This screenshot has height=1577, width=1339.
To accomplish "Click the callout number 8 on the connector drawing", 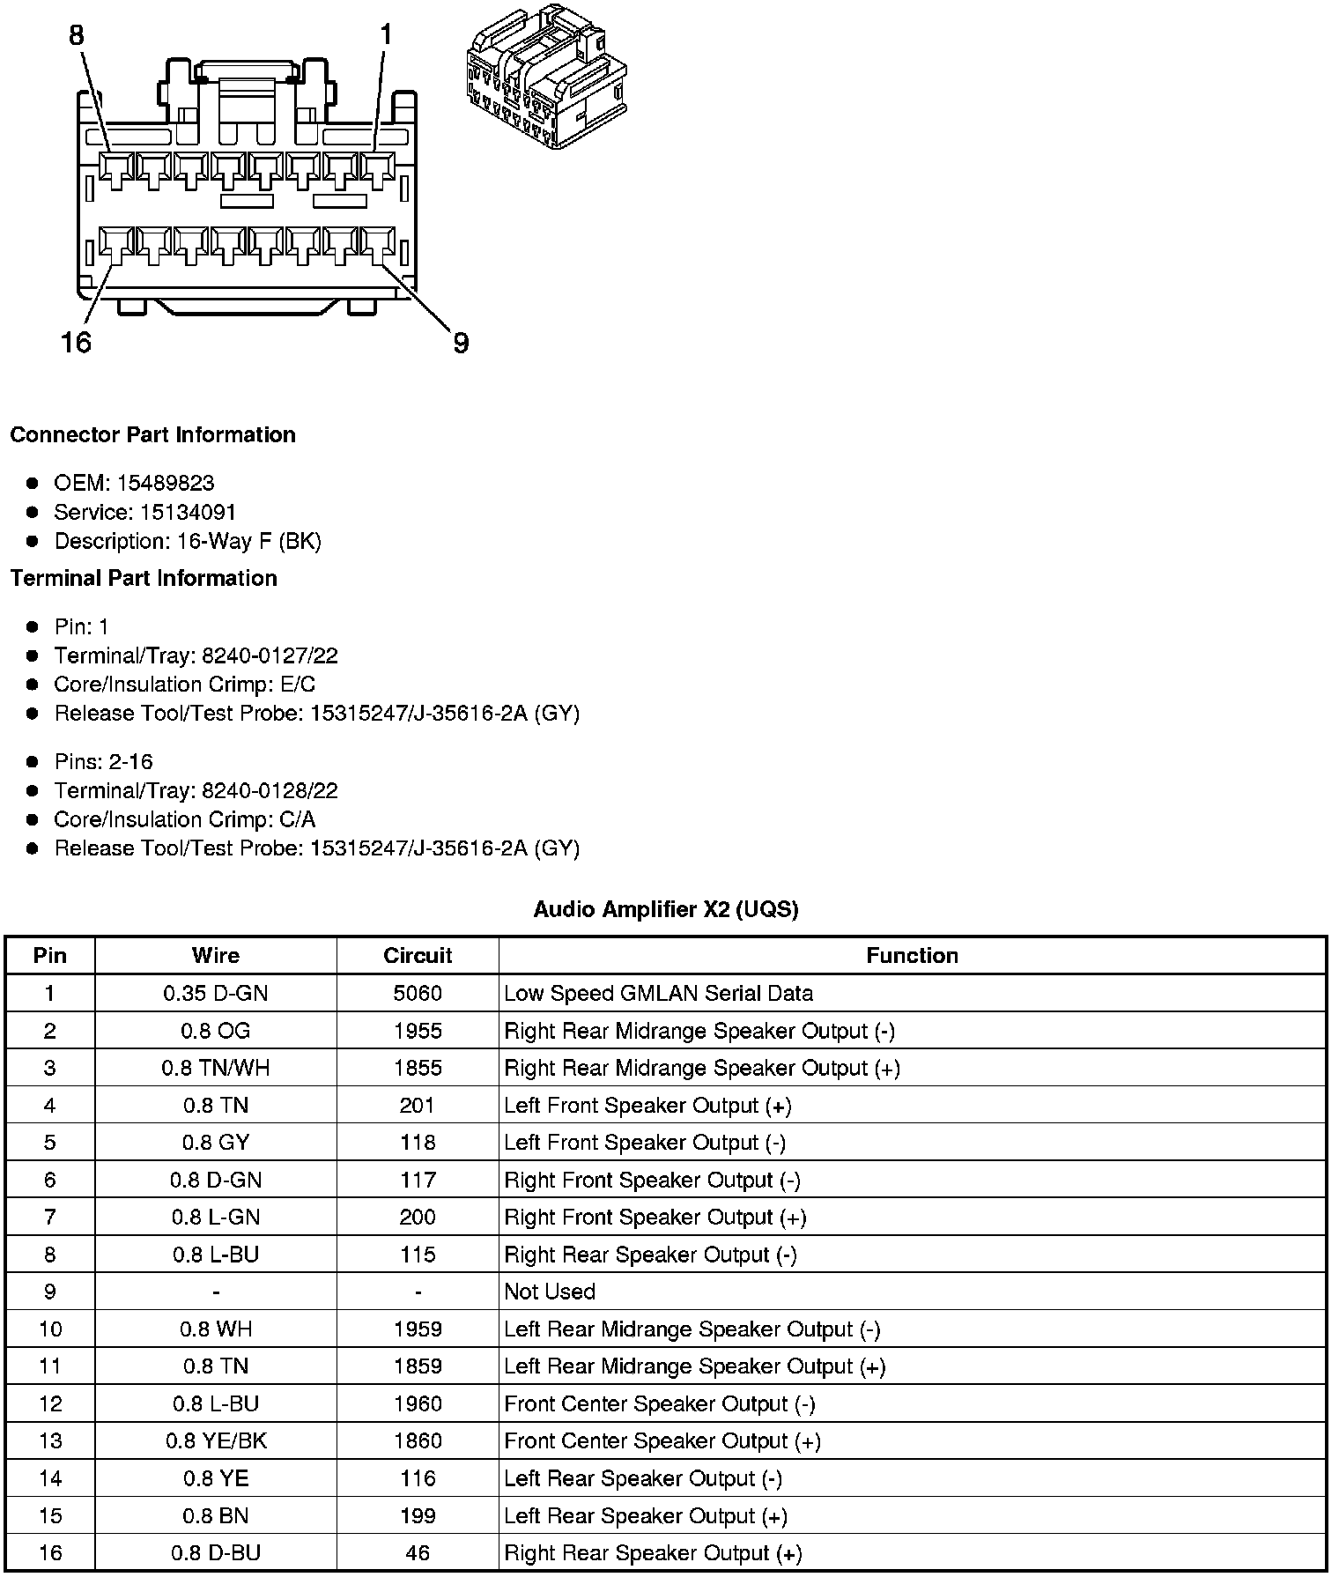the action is click(77, 35).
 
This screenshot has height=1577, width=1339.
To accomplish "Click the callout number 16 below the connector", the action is click(76, 342).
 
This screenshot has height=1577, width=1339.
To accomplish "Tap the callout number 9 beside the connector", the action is click(461, 343).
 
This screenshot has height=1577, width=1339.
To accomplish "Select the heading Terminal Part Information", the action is click(144, 578).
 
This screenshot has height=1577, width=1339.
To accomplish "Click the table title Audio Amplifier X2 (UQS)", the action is click(666, 909).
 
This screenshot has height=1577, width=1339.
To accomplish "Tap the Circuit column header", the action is click(418, 956).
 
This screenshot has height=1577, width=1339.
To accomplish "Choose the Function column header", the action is click(912, 956).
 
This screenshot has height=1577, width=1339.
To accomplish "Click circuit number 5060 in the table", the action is click(418, 994).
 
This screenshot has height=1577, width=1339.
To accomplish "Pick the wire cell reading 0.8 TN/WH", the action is click(216, 1069).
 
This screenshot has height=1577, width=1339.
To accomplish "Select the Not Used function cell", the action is click(550, 1292).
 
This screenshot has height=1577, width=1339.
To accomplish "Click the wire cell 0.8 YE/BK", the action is click(216, 1441).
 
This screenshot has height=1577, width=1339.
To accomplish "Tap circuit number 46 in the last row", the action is click(418, 1553).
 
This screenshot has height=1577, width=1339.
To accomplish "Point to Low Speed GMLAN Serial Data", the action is click(658, 994).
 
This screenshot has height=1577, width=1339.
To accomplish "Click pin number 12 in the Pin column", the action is click(50, 1403).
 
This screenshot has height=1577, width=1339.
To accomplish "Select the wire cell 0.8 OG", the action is click(216, 1031).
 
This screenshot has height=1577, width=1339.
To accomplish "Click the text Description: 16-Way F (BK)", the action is click(188, 541).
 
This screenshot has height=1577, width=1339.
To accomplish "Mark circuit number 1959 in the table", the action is click(418, 1329).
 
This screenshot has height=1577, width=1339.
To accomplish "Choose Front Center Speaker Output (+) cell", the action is click(662, 1441).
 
